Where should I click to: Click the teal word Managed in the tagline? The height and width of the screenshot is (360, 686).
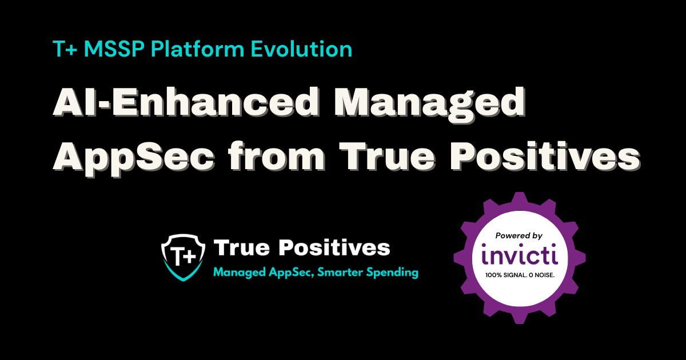click(238, 273)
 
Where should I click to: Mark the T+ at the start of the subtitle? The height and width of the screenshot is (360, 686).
click(62, 50)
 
